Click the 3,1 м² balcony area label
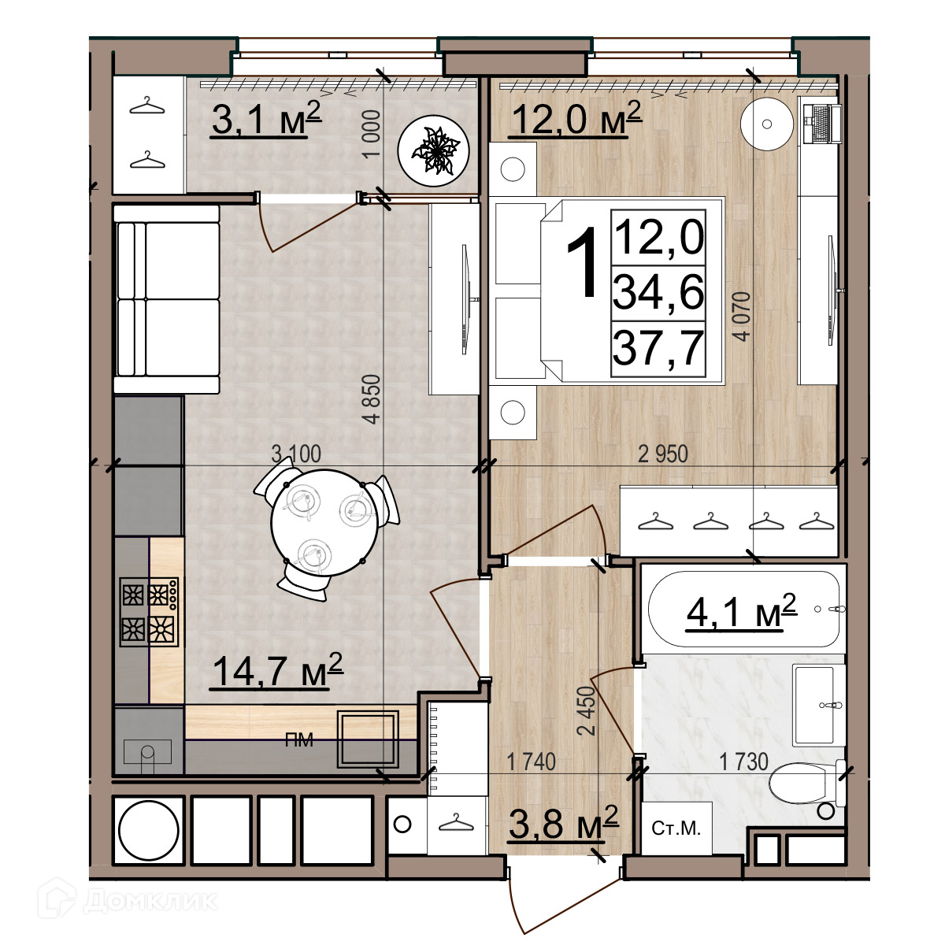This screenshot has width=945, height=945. click(x=266, y=119)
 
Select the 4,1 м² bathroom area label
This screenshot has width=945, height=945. click(x=741, y=612)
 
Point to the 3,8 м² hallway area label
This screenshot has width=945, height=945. click(x=564, y=823)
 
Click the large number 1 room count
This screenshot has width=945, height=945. click(x=583, y=263)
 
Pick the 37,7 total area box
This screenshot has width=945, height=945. click(x=658, y=348)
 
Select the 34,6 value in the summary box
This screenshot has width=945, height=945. click(x=658, y=293)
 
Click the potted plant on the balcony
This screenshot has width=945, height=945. click(x=433, y=150)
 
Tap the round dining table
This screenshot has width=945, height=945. click(x=324, y=523)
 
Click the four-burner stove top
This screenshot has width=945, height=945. click(x=149, y=611)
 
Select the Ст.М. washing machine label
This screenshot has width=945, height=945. click(x=676, y=828)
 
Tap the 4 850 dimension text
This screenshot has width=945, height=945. click(x=372, y=398)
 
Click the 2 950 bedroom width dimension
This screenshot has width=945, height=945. click(x=663, y=454)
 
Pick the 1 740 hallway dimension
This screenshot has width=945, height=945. click(x=531, y=762)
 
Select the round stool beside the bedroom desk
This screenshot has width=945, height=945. click(x=766, y=124)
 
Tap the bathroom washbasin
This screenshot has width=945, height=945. click(x=819, y=705)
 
